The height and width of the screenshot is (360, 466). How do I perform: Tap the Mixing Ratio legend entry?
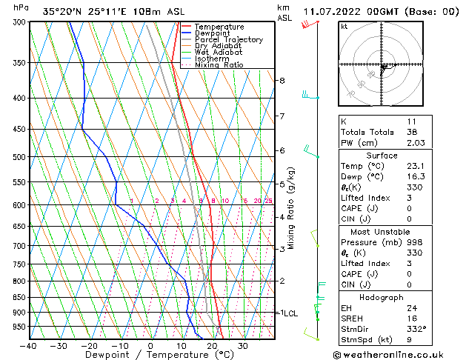[x=219, y=65]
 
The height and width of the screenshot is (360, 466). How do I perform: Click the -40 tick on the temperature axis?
[x=30, y=345]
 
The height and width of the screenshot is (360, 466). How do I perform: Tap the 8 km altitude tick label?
[x=282, y=80]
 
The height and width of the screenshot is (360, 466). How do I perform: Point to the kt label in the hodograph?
[x=344, y=27]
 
